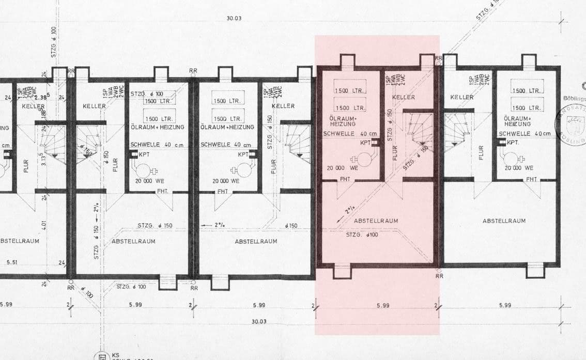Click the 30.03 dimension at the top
tap(234, 19)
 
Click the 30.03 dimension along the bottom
tap(259, 321)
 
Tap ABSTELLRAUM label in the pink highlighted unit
tap(376, 221)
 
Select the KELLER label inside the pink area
tap(403, 97)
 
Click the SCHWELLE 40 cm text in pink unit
tap(350, 134)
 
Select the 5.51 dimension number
tap(12, 262)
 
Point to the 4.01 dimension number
tap(44, 226)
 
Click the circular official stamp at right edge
tap(571, 124)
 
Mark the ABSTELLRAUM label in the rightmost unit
tap(504, 221)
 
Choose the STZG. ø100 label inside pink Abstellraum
tap(362, 235)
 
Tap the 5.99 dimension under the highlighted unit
tap(383, 305)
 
